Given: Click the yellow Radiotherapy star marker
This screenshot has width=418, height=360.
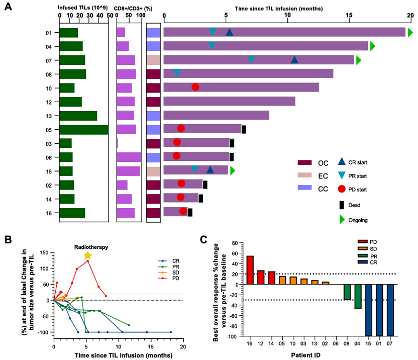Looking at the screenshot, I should click(x=88, y=255).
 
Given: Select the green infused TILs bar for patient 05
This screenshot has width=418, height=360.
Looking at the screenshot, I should click(x=84, y=129).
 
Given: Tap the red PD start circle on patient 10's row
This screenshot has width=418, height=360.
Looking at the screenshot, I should click(x=195, y=87).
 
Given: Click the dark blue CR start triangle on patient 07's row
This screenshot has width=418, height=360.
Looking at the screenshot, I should click(x=294, y=60).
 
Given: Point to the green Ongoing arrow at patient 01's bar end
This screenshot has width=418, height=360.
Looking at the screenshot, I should click(x=410, y=33).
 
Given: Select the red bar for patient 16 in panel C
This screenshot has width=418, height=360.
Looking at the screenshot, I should click(x=250, y=270).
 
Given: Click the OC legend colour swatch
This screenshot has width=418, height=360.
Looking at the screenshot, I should click(x=305, y=162).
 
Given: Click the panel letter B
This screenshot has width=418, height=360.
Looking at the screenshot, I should click(x=8, y=239).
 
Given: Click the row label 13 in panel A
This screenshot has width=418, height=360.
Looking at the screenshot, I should click(x=49, y=116).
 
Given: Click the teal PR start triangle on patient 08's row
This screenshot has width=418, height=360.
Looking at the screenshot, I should click(x=176, y=73).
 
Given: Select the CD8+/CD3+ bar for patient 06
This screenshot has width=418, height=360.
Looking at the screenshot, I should click(x=129, y=157).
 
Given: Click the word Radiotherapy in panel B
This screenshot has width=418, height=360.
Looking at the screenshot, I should click(x=91, y=247).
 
